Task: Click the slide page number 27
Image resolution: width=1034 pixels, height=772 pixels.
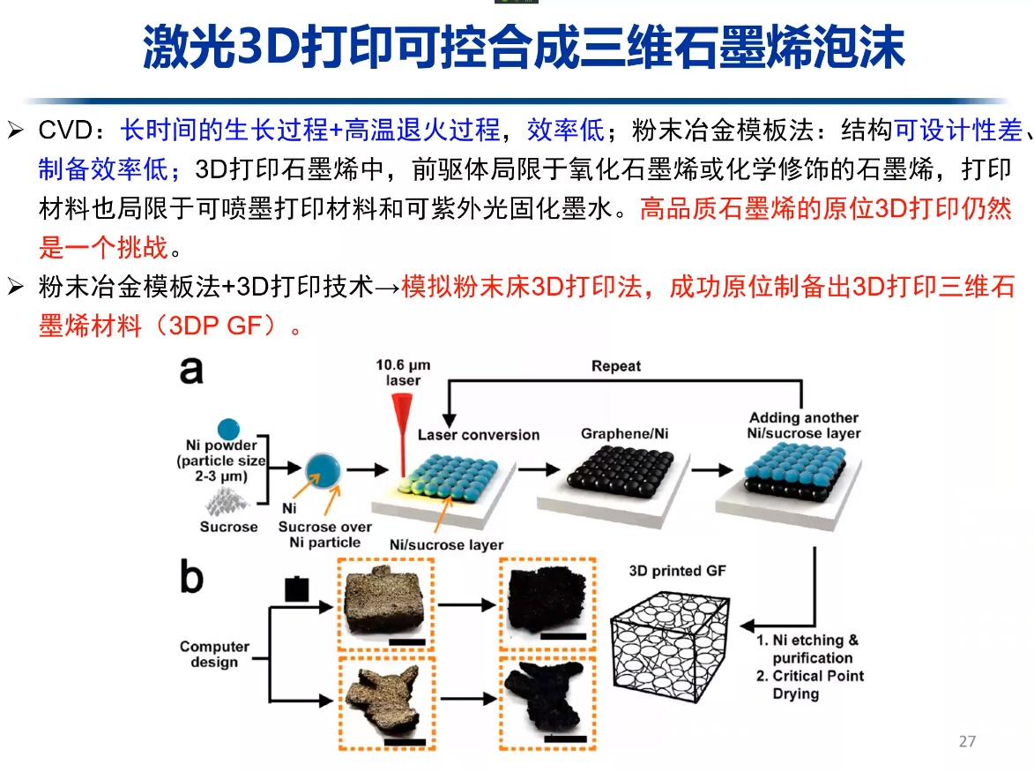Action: click(x=967, y=741)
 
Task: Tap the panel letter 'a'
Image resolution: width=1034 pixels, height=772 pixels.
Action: click(x=191, y=370)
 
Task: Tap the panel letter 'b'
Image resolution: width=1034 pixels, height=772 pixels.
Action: click(x=191, y=577)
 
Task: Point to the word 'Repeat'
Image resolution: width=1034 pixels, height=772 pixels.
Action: click(x=616, y=366)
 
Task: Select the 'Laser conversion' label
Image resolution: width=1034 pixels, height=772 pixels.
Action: click(x=479, y=435)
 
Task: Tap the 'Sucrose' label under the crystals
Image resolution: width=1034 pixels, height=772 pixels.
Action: click(x=228, y=527)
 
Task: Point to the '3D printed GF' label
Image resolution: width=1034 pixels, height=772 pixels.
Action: click(x=678, y=571)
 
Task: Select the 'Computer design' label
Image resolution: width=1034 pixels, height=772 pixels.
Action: click(x=215, y=654)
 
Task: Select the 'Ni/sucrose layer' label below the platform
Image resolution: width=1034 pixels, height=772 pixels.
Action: click(x=446, y=544)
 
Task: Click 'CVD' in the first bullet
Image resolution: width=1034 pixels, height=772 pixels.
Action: click(x=65, y=131)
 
